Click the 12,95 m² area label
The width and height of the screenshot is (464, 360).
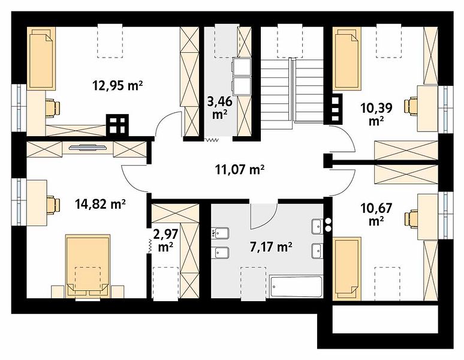point(117,86)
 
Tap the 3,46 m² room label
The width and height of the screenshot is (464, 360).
point(219,108)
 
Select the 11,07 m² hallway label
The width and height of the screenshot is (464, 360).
point(239,170)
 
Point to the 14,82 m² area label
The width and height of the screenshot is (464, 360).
point(101,204)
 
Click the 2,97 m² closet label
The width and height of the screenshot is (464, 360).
point(165,241)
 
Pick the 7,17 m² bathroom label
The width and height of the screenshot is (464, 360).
point(271,247)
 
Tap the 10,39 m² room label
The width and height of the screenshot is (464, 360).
point(376,113)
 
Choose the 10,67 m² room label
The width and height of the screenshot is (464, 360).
point(376,214)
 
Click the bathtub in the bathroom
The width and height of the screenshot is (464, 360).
point(296,287)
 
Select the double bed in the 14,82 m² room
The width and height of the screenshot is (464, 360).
point(88,266)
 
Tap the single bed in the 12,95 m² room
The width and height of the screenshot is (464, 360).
point(41,58)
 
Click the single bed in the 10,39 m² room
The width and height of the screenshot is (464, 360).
point(347,58)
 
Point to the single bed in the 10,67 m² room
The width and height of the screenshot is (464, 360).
point(347,269)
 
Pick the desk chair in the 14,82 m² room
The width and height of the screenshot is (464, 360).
point(53,205)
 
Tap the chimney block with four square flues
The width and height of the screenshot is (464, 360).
point(117,125)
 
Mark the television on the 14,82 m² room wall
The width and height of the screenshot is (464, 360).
point(88,147)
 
